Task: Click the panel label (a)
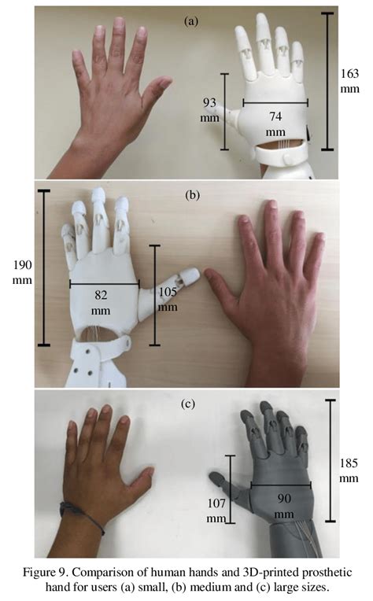(191, 20)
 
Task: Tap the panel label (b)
(192, 195)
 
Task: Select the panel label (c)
(188, 404)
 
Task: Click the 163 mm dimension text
(349, 81)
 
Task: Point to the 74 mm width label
(275, 124)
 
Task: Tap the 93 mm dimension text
(209, 109)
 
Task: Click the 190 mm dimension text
(23, 272)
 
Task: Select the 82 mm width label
(101, 302)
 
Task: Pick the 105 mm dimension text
(168, 300)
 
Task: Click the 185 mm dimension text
(349, 470)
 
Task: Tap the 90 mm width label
(284, 506)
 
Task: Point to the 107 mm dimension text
(216, 511)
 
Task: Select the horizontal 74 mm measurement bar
(275, 103)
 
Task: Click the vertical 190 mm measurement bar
(44, 267)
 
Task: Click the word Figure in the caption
(39, 573)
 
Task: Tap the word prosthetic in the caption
(327, 573)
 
